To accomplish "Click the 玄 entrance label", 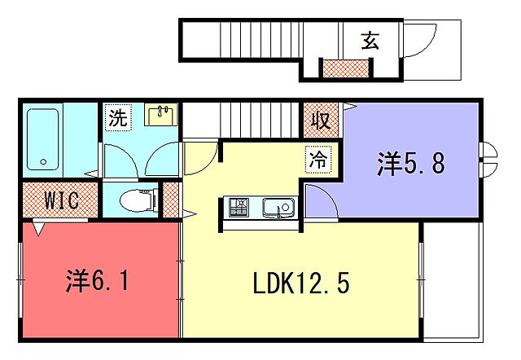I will tap(370, 40).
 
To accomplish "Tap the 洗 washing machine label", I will tap(119, 117).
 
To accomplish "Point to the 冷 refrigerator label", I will tap(319, 159).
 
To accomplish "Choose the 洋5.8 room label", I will tap(410, 164).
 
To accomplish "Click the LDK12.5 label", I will tap(300, 284).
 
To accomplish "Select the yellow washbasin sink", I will tap(162, 115).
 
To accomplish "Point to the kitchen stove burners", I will tap(240, 209).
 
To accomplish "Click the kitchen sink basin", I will tap(281, 209).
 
